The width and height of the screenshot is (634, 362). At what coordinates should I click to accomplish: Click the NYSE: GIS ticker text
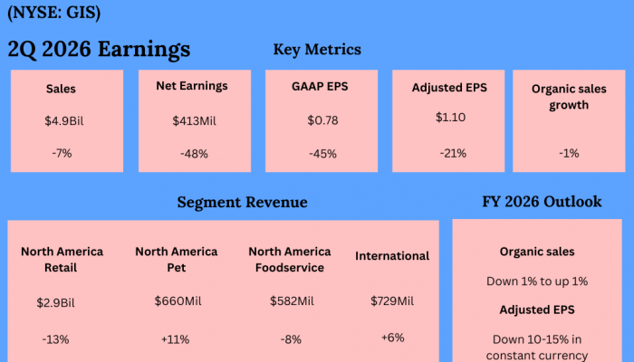point(53,14)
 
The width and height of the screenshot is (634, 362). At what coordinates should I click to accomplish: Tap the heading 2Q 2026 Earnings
point(99,49)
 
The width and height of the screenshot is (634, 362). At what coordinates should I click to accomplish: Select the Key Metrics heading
point(317,50)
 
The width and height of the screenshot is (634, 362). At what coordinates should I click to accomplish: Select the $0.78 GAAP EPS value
point(322,120)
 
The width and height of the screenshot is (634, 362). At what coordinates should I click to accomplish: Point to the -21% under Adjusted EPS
point(453,154)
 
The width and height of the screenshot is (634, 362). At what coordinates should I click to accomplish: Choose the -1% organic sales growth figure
point(569,154)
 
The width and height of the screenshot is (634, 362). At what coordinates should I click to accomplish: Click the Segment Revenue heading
point(242,203)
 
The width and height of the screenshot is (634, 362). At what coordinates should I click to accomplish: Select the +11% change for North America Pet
point(177,338)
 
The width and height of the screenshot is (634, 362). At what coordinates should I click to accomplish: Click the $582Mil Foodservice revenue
point(292,300)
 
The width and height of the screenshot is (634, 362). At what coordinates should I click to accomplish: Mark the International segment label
point(392,256)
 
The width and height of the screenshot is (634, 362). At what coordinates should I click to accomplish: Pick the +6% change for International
point(392,337)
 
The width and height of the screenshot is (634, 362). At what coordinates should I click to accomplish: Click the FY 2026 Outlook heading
point(542,202)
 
